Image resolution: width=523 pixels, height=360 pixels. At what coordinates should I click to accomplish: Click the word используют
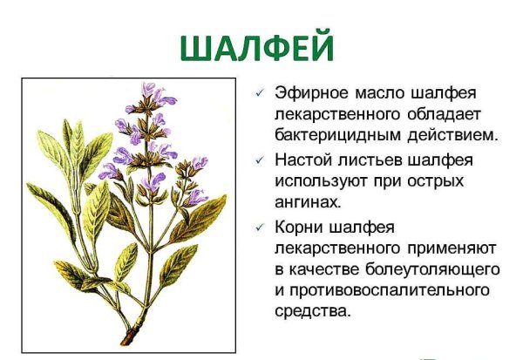coord(321,181)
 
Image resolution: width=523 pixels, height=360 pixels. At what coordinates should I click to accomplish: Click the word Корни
coord(301,227)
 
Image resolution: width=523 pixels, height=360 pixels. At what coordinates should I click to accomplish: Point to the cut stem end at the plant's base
coord(128,338)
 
